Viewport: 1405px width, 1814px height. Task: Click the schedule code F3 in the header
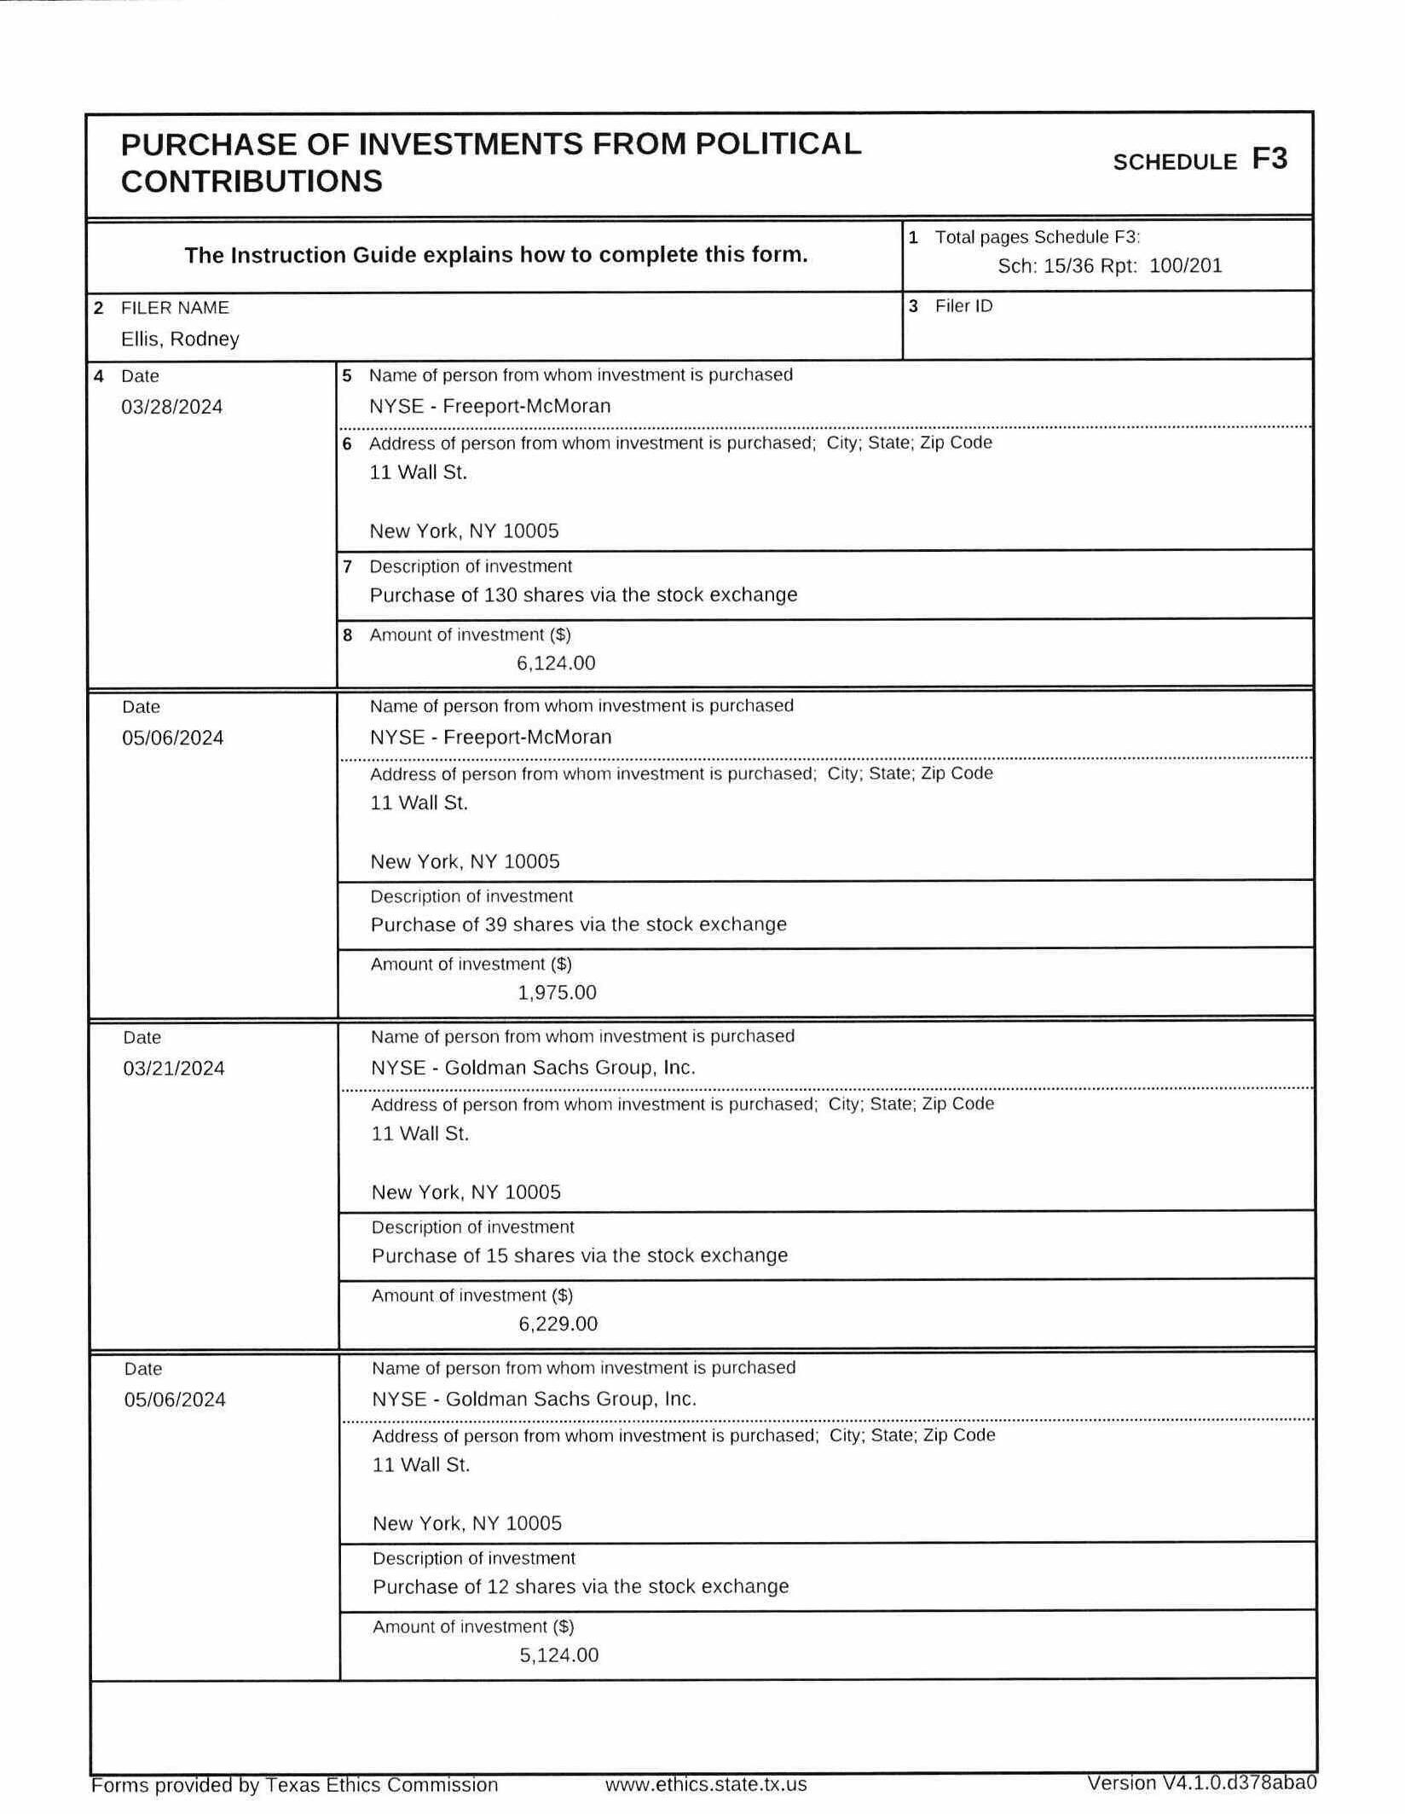click(x=1269, y=159)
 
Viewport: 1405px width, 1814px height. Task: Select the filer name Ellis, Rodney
click(x=180, y=339)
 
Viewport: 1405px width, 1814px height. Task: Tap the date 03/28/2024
click(x=171, y=407)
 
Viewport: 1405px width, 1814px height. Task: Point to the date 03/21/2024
click(x=174, y=1069)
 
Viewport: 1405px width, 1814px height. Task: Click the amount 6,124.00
click(x=556, y=663)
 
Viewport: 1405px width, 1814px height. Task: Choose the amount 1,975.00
click(x=557, y=993)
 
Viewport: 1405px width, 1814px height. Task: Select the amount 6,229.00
click(x=558, y=1324)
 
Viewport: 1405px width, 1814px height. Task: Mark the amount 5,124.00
click(x=558, y=1655)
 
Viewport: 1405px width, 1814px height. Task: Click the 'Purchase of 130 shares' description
click(x=583, y=594)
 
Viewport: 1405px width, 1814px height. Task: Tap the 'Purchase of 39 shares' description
click(x=578, y=924)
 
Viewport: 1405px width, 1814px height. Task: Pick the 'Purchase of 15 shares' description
click(x=580, y=1255)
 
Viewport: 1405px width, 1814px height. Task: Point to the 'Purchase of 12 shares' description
click(x=581, y=1586)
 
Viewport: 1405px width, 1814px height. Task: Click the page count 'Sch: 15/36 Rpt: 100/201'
click(x=1109, y=265)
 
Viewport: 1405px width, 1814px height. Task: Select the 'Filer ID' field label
click(x=963, y=306)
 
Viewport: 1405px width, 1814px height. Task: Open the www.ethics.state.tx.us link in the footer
click(x=705, y=1784)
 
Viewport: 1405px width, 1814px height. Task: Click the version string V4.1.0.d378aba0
click(x=1201, y=1783)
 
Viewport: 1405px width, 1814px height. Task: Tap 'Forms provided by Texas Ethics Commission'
click(x=294, y=1785)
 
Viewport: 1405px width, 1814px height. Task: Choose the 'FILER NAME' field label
click(x=175, y=308)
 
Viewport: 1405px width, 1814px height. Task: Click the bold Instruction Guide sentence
click(x=495, y=255)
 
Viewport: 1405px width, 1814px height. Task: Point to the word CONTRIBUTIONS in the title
click(x=252, y=181)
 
